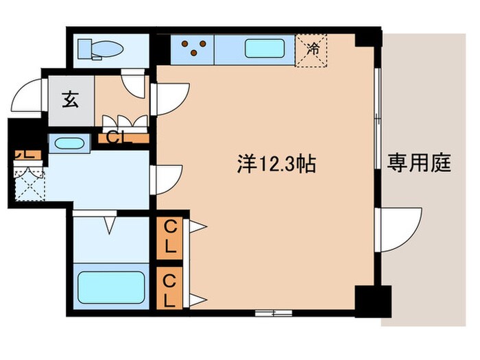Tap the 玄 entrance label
coord(70,100)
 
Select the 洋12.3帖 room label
coord(276,164)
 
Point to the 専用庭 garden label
coord(418,163)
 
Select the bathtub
coord(110,287)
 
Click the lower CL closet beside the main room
coord(169,290)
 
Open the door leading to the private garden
coord(398,230)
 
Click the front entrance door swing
coord(32,96)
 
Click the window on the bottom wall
coord(274,313)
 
